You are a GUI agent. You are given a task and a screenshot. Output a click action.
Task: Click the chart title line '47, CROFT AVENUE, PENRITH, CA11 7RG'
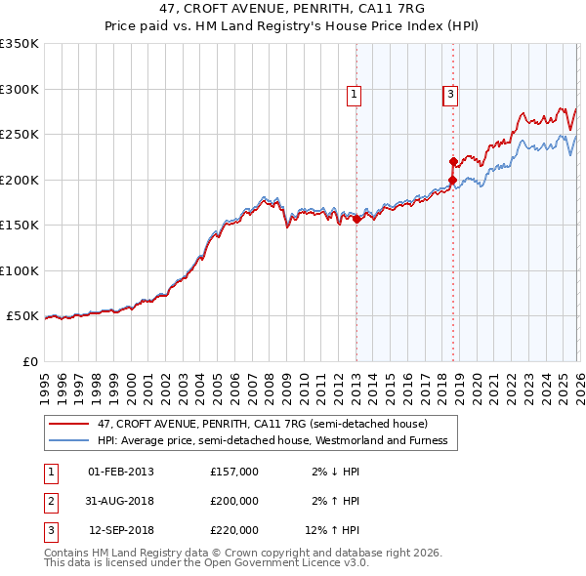293,9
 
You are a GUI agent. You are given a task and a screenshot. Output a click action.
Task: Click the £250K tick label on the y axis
20,135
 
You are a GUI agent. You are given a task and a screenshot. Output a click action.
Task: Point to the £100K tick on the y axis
20,270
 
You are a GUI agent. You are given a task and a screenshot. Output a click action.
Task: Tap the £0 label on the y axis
30,361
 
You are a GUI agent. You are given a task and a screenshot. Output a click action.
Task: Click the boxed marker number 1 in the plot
354,95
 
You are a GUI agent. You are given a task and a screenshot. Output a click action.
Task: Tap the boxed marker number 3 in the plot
450,95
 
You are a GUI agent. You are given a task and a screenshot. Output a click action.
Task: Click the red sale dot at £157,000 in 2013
356,220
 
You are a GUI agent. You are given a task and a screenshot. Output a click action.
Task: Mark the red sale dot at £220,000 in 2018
453,162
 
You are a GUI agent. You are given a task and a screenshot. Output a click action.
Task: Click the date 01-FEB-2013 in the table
121,472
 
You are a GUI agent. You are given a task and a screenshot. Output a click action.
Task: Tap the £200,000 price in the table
234,501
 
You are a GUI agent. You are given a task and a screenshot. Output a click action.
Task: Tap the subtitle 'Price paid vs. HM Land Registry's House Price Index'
293,26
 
